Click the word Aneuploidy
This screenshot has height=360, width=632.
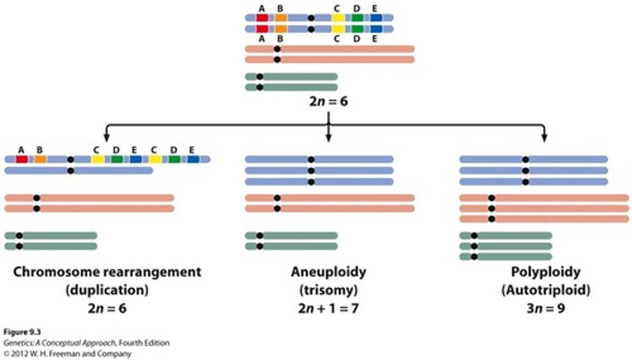click(328, 272)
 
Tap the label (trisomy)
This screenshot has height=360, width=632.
click(328, 290)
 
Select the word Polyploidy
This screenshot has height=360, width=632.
click(545, 272)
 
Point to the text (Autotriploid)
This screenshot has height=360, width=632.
click(545, 290)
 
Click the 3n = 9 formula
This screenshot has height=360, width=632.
click(545, 308)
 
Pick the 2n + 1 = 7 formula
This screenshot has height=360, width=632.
click(328, 308)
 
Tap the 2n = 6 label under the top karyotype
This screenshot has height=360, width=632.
click(329, 102)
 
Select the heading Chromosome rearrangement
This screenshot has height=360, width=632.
click(107, 272)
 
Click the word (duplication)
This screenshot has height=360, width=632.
click(107, 290)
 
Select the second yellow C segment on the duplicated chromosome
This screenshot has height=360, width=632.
click(155, 159)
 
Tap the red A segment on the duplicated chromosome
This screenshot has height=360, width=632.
click(22, 159)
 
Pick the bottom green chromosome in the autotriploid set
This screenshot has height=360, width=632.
click(506, 256)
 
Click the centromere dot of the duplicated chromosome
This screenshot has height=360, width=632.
click(71, 159)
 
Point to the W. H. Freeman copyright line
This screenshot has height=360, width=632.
click(67, 353)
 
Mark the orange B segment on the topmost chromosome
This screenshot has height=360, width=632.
click(281, 18)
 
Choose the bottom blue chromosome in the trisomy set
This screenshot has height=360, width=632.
click(319, 182)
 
